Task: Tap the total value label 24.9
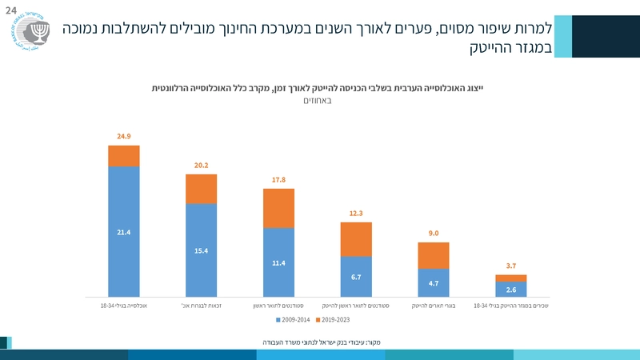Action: pos(124,137)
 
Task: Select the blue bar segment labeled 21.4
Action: pos(124,231)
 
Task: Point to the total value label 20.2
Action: pos(202,166)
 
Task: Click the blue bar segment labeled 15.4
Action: pos(202,250)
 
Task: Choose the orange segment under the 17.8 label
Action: pos(278,208)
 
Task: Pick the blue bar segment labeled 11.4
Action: pos(278,262)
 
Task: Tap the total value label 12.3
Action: pos(356,213)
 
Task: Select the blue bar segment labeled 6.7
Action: pos(356,276)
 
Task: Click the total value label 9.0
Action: pos(434,233)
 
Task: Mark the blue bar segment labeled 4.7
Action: pos(434,282)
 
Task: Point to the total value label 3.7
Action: pos(511,265)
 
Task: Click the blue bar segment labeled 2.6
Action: pos(511,289)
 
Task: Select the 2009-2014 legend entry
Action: pos(293,319)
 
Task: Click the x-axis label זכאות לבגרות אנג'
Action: pos(202,306)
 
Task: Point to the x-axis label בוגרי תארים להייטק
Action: pos(434,306)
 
